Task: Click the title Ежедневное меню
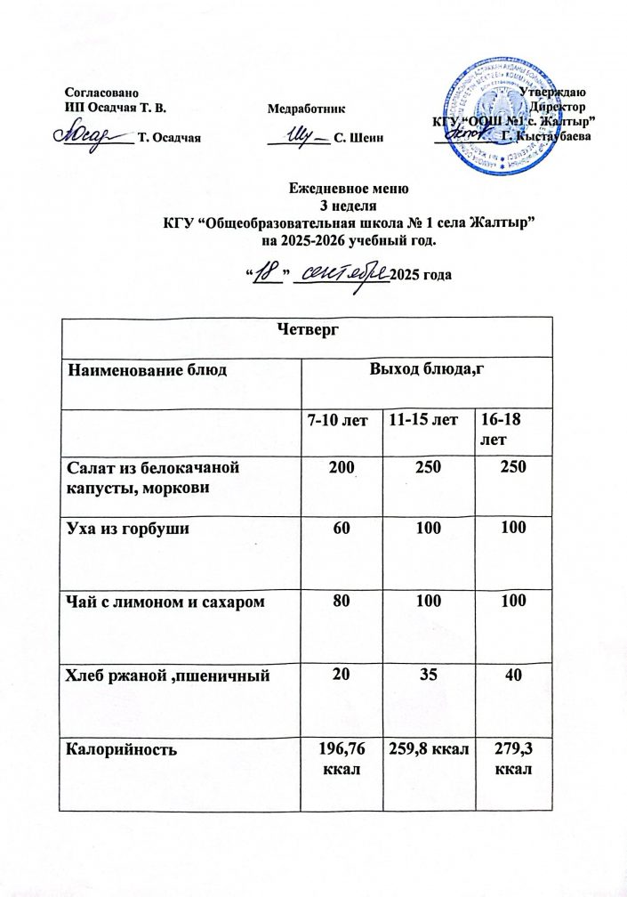[349, 189]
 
